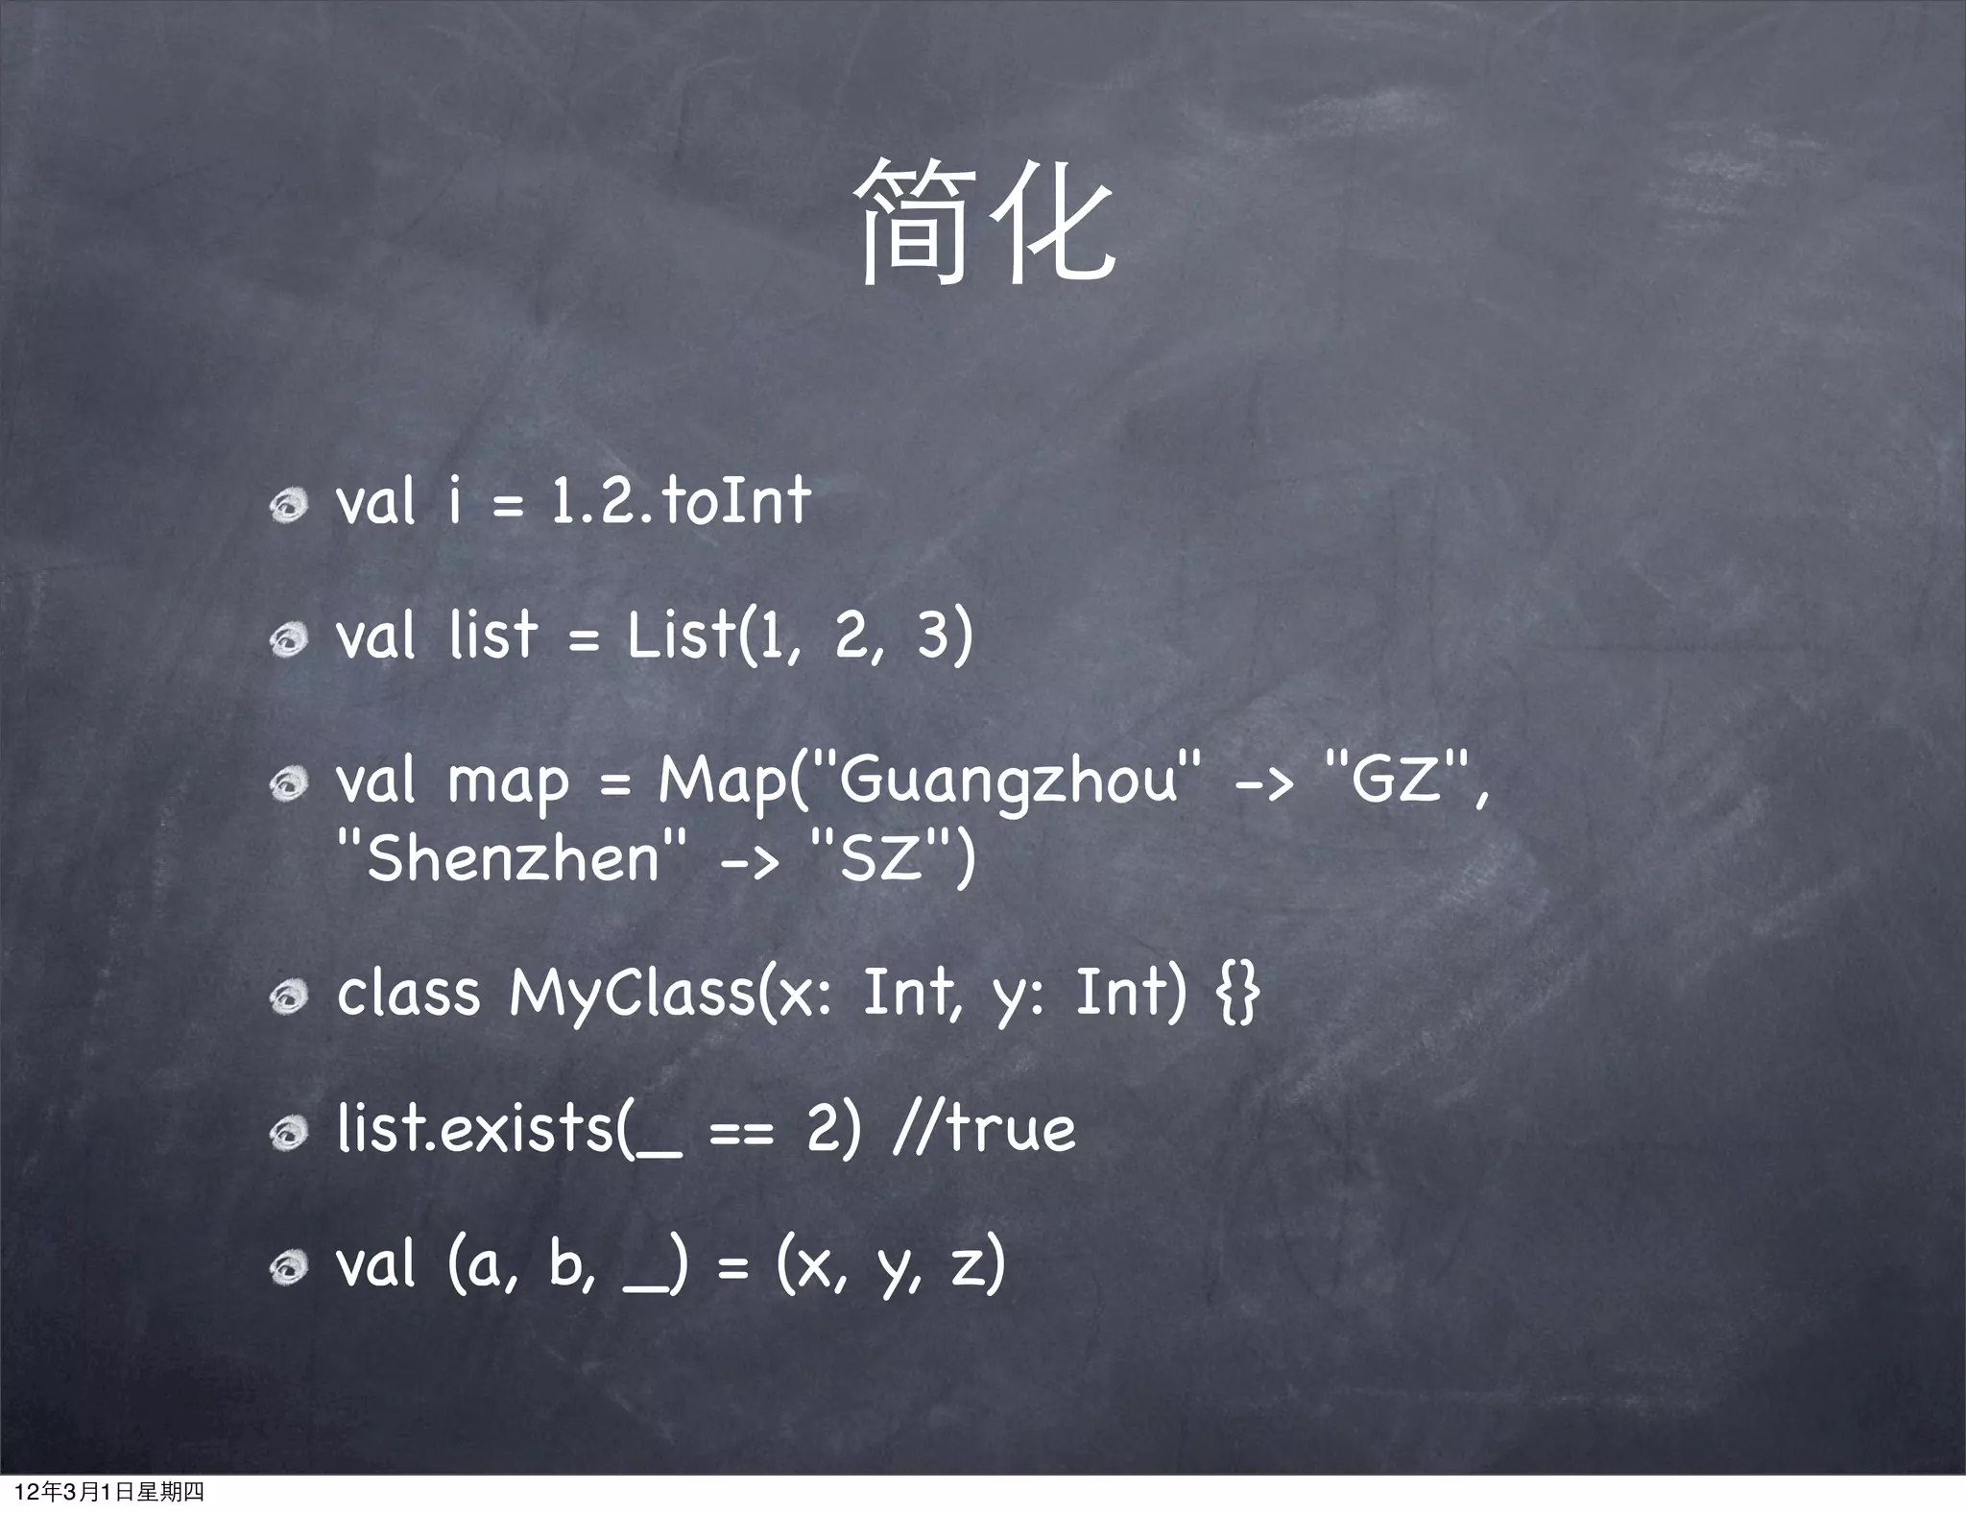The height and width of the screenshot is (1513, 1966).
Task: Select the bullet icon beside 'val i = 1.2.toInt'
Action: (x=288, y=505)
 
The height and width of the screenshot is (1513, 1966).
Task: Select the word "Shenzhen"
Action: (x=514, y=856)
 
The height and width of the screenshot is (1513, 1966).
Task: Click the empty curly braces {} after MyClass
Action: (x=1237, y=993)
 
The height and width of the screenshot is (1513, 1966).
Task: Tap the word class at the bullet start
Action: (x=408, y=993)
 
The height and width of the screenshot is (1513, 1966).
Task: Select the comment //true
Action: (x=984, y=1128)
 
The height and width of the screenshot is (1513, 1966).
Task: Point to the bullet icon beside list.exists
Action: (x=288, y=1134)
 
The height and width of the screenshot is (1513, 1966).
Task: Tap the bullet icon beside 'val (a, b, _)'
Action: (x=288, y=1268)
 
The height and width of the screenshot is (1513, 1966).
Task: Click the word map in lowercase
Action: (x=508, y=783)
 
